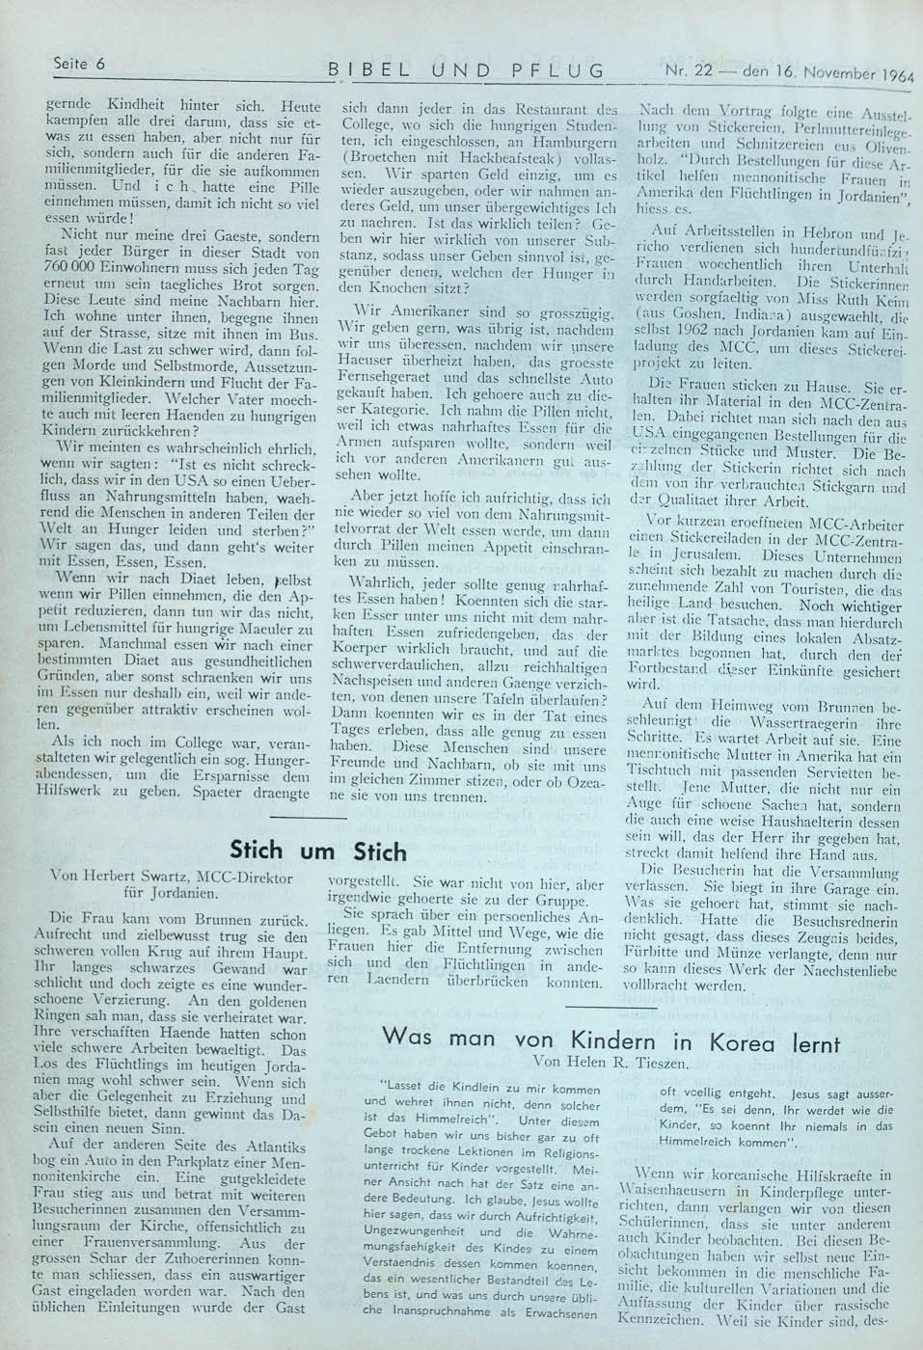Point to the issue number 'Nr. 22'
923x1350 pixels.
coord(691,70)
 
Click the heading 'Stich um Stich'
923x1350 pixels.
coord(318,850)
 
